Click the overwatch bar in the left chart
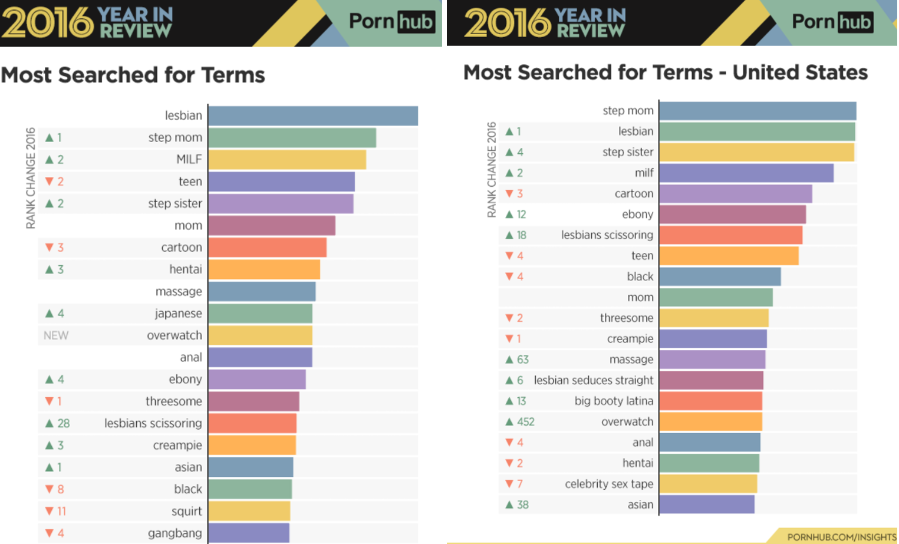coord(260,335)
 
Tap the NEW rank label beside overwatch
coord(56,335)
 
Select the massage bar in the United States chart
coord(712,360)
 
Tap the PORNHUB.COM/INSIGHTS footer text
coord(841,537)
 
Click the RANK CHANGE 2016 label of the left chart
coord(31,177)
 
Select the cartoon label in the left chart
coord(182,248)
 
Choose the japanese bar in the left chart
coord(260,314)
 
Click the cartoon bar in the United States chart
coord(735,194)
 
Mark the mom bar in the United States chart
coord(716,298)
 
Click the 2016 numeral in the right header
coord(508,23)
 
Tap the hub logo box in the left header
coord(416,22)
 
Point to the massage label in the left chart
coord(179,292)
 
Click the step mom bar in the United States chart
coord(757,111)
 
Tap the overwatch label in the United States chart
coord(627,422)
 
